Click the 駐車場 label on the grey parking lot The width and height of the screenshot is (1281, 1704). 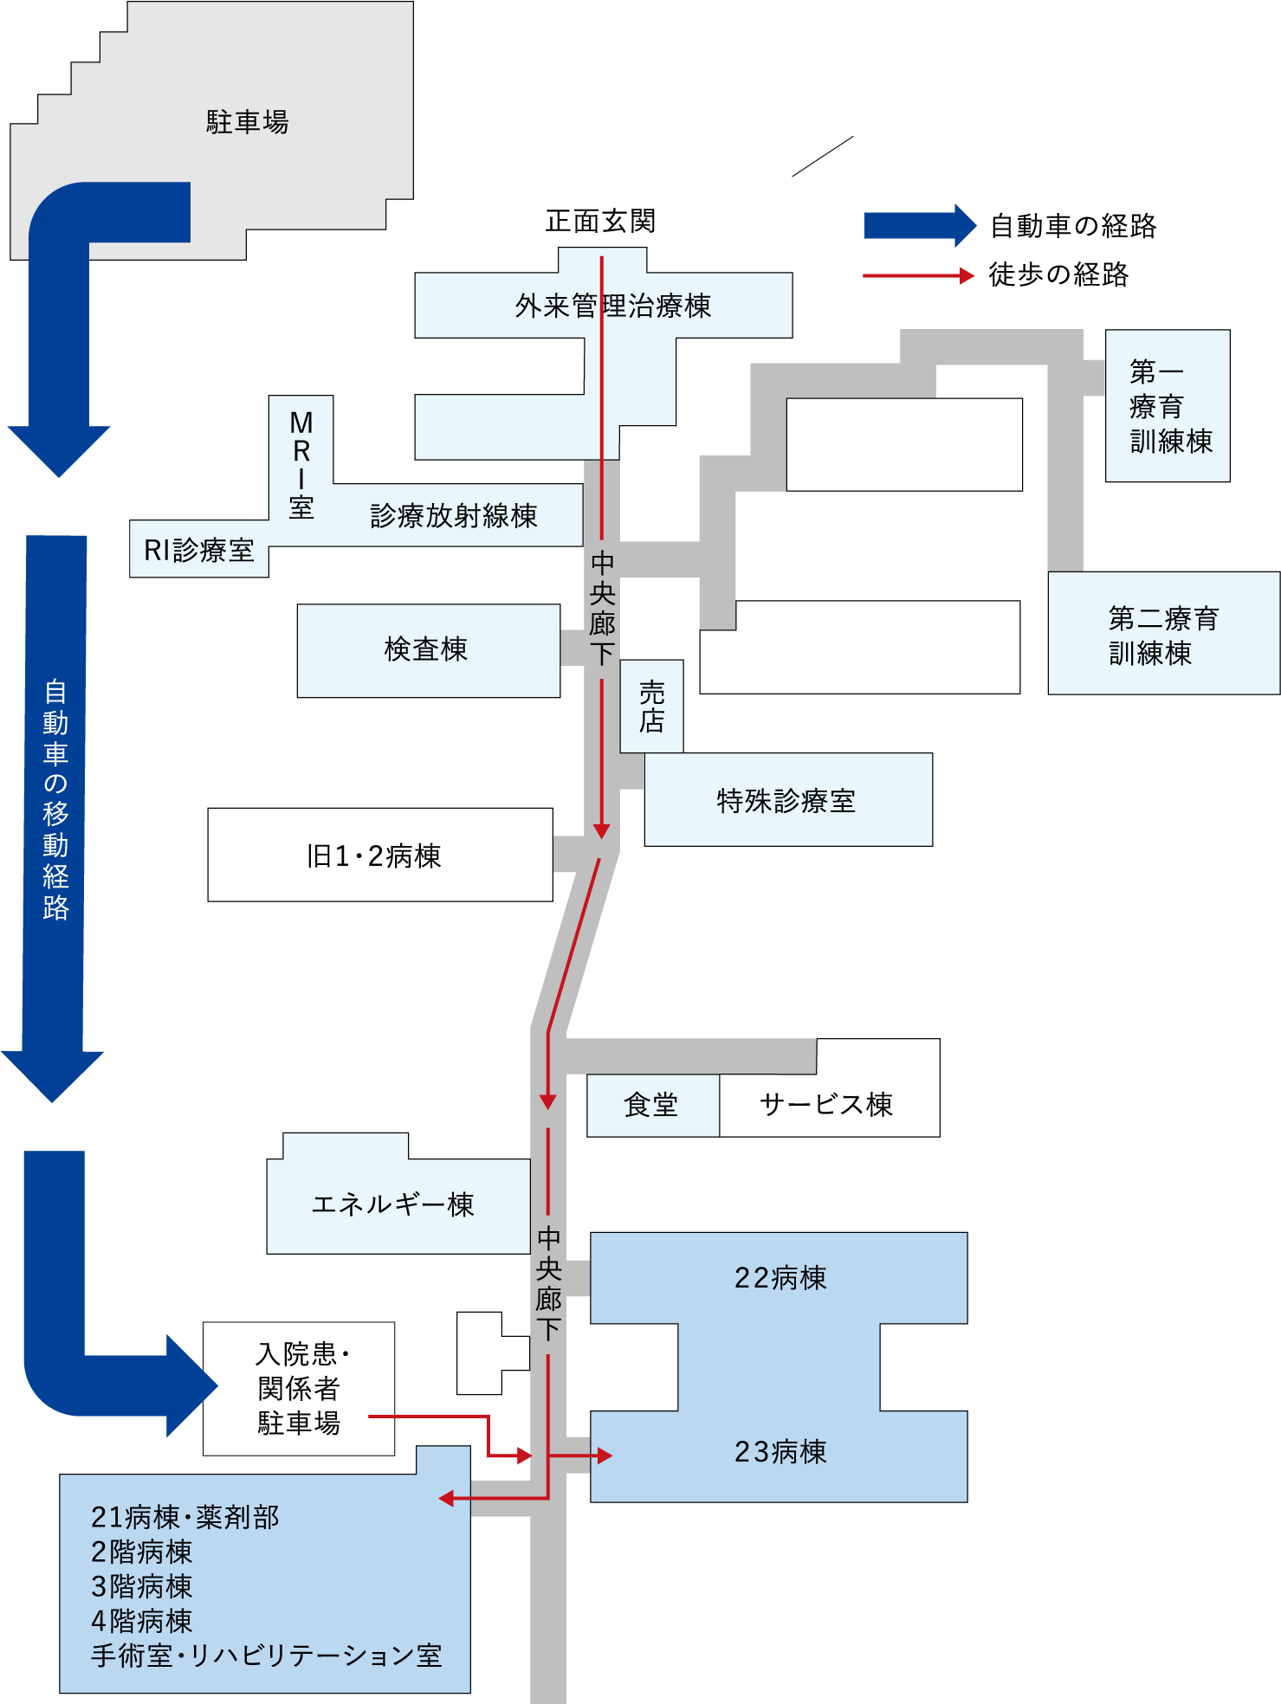(247, 122)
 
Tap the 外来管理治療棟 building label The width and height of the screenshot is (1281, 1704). (612, 306)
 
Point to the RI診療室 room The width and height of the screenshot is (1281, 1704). (198, 550)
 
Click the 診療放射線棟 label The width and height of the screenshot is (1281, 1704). (454, 516)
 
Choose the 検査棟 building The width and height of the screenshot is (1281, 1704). (427, 649)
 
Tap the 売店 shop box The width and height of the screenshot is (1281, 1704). (651, 707)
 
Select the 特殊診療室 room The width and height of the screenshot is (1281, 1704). (786, 801)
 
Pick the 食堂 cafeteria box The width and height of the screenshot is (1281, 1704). (651, 1105)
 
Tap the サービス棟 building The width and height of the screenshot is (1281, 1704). (827, 1104)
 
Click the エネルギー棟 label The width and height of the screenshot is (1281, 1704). (393, 1204)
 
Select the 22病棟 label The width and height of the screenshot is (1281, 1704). (780, 1278)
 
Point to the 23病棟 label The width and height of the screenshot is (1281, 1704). (780, 1452)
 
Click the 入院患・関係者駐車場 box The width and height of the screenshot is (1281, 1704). (299, 1388)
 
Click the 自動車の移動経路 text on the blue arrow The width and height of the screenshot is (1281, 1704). (55, 799)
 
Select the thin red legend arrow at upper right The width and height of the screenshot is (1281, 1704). (918, 276)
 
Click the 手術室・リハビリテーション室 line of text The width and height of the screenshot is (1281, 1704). (267, 1656)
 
